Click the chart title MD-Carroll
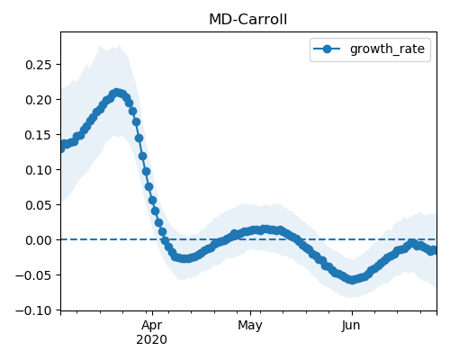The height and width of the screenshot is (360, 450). [x=247, y=20]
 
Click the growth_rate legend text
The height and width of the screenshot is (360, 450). [x=387, y=49]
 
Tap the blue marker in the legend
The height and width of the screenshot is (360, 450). [x=327, y=49]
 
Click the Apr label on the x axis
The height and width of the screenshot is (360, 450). [x=152, y=326]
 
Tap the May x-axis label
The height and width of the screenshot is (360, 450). [x=250, y=326]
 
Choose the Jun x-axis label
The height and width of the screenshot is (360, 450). [x=351, y=326]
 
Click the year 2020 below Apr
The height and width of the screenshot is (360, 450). [x=152, y=340]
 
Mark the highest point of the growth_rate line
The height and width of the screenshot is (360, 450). [x=117, y=93]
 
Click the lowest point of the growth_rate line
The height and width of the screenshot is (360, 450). [x=352, y=280]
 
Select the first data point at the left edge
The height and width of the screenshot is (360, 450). [x=61, y=148]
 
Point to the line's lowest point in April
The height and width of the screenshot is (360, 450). [x=185, y=258]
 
